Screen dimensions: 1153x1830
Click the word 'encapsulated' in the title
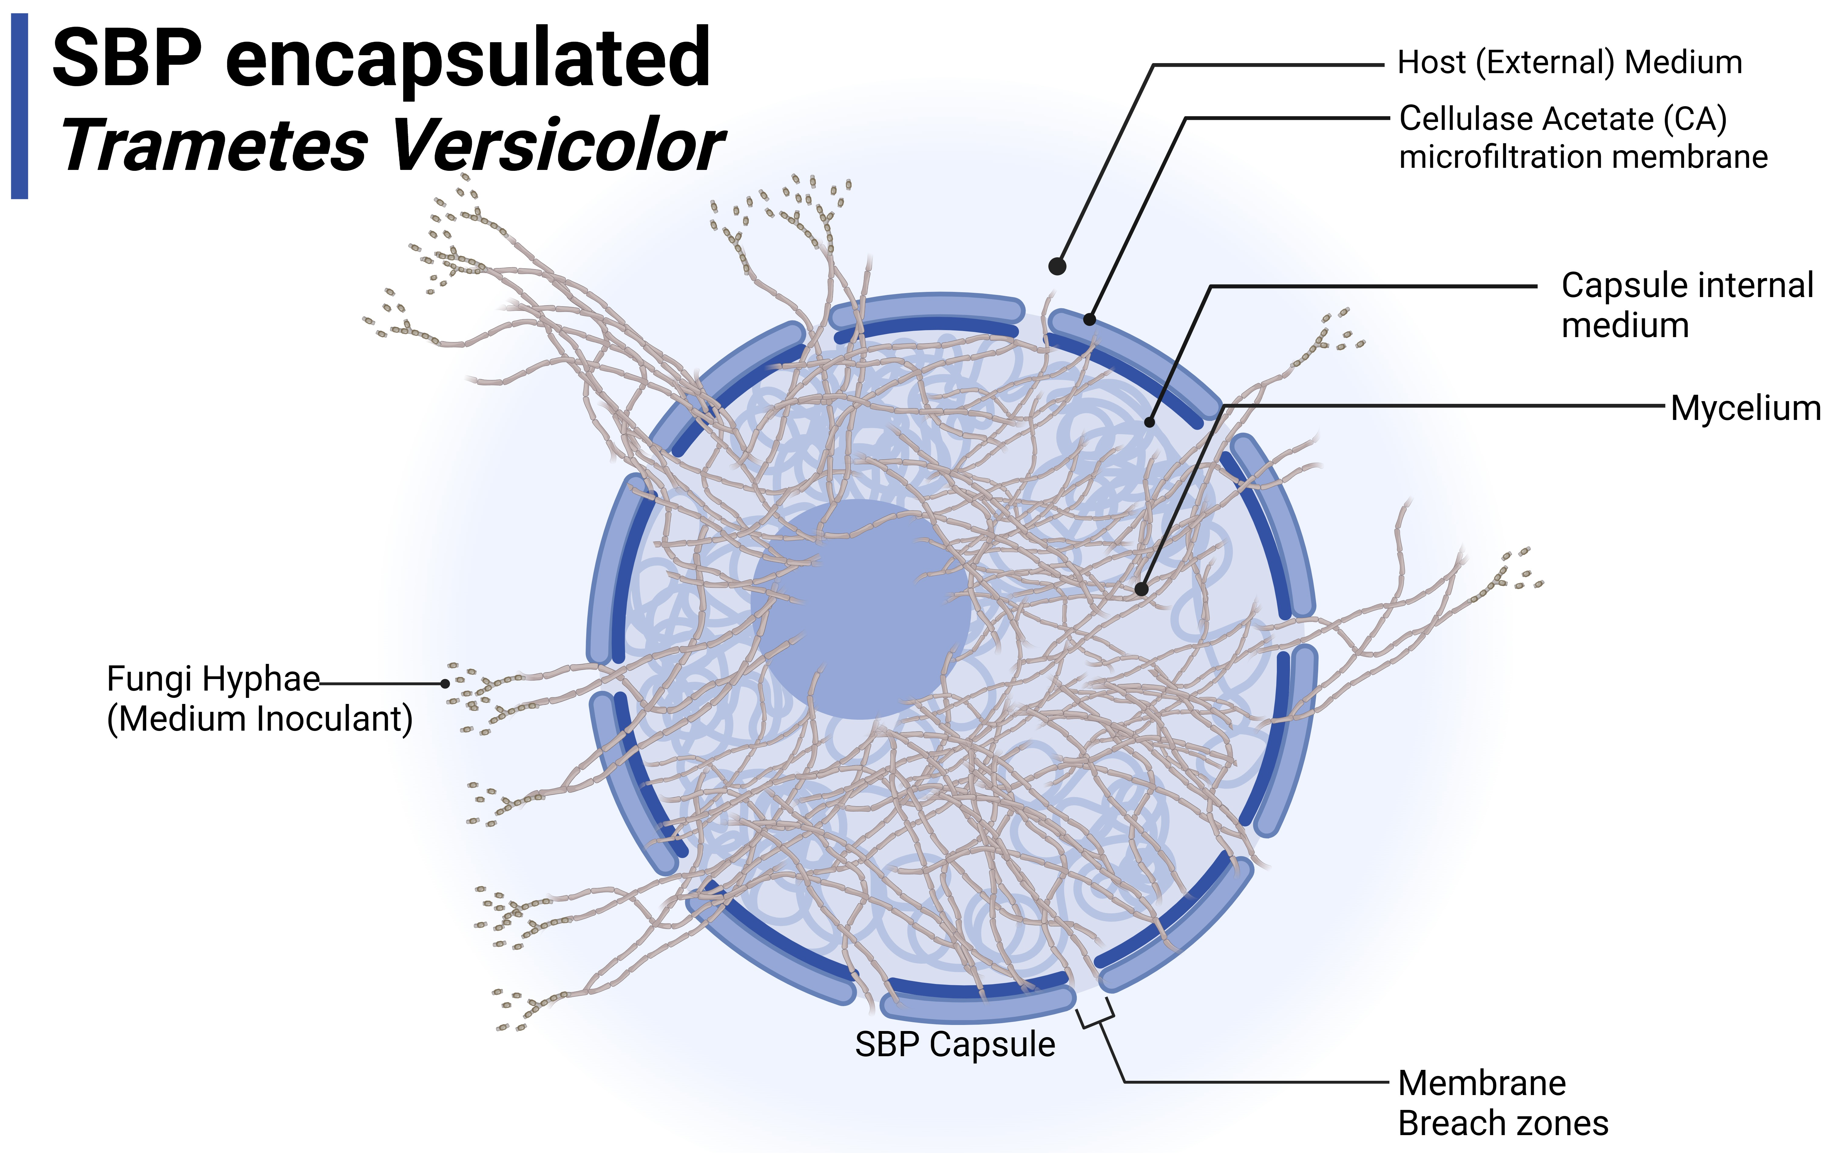click(467, 59)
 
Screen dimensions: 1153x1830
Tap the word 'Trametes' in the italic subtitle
click(214, 146)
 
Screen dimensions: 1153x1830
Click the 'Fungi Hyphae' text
click(213, 679)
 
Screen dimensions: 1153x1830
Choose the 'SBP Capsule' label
click(955, 1044)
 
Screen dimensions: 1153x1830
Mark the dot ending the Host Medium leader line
click(1056, 266)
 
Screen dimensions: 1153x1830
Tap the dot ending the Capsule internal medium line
click(1150, 423)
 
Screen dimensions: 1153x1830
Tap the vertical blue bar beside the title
click(20, 107)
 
